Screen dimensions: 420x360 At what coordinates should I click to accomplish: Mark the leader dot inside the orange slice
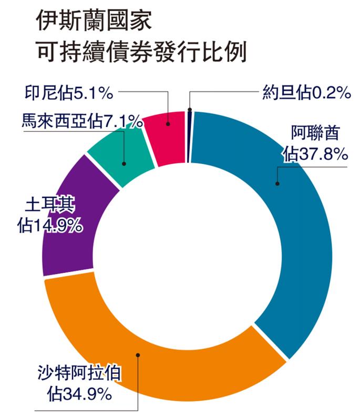tap(138, 355)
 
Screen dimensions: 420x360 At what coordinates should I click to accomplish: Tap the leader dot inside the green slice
tap(125, 164)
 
